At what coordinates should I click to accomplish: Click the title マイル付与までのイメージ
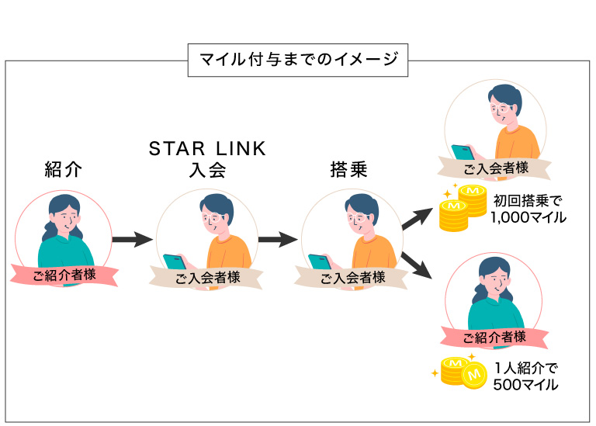pyautogui.click(x=297, y=59)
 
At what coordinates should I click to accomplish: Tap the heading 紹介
pyautogui.click(x=64, y=171)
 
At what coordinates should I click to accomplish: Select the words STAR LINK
pyautogui.click(x=207, y=148)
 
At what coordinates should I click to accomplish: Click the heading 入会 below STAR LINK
pyautogui.click(x=207, y=171)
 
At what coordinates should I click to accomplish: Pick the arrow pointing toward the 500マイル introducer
pyautogui.click(x=416, y=265)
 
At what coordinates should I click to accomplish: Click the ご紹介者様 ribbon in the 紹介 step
pyautogui.click(x=64, y=273)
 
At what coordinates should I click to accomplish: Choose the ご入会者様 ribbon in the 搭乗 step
pyautogui.click(x=352, y=277)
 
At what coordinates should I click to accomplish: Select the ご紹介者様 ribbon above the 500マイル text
pyautogui.click(x=494, y=337)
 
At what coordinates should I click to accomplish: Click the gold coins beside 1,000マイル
pyautogui.click(x=461, y=208)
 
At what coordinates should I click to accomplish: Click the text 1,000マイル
pyautogui.click(x=528, y=218)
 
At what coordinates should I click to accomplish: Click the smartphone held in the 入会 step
pyautogui.click(x=174, y=261)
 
